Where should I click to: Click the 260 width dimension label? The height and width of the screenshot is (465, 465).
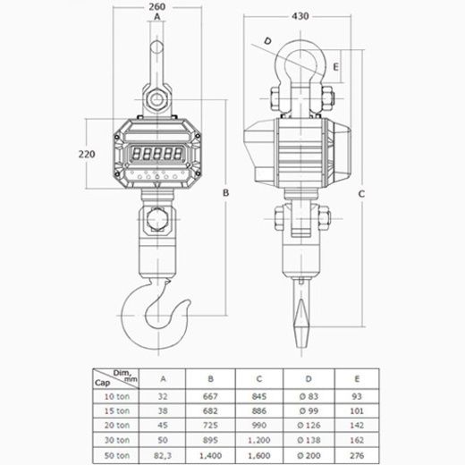pyautogui.click(x=157, y=6)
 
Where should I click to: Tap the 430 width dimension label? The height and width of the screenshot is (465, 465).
pyautogui.click(x=300, y=16)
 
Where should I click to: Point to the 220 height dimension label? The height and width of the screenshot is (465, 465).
pyautogui.click(x=87, y=154)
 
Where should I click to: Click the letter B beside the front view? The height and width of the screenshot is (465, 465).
pyautogui.click(x=225, y=193)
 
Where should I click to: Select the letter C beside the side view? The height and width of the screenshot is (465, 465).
pyautogui.click(x=361, y=194)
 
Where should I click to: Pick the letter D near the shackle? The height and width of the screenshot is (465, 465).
pyautogui.click(x=267, y=41)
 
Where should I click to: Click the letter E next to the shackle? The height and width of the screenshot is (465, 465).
pyautogui.click(x=335, y=67)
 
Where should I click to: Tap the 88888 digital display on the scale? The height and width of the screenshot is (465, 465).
pyautogui.click(x=156, y=154)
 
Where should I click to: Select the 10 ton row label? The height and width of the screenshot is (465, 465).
pyautogui.click(x=117, y=396)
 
